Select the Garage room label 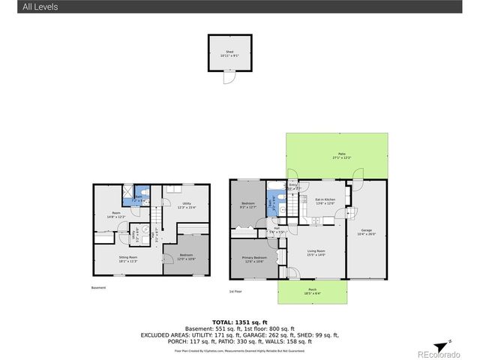366,231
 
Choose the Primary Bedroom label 252,259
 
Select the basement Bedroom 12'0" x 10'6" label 186,256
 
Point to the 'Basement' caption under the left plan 99,288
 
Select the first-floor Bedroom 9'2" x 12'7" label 248,205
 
